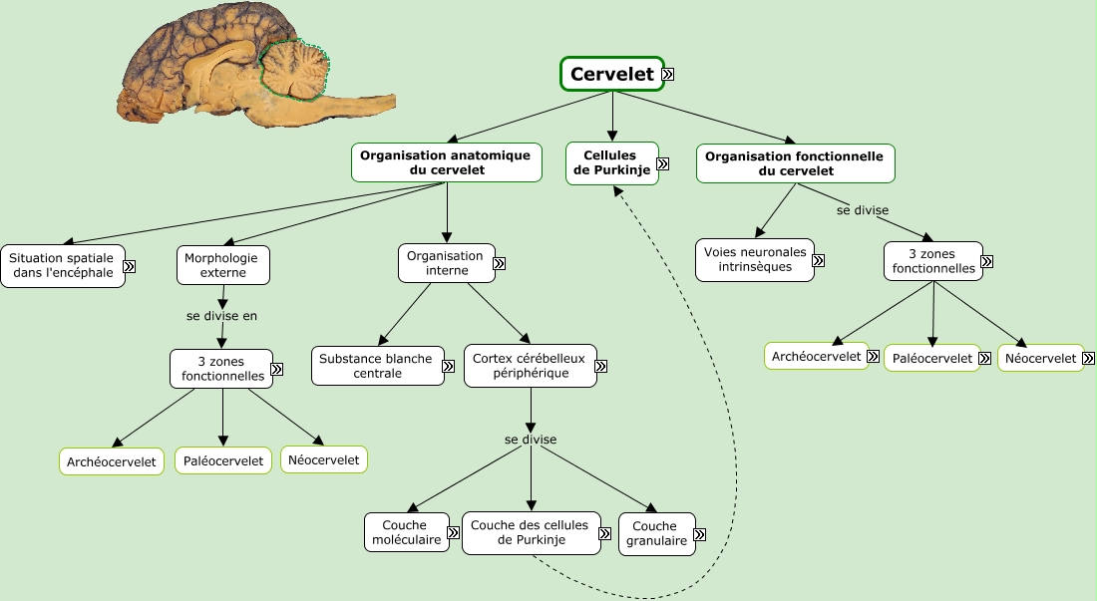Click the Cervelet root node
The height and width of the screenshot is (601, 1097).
point(612,74)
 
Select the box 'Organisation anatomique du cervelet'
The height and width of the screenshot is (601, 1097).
point(447,162)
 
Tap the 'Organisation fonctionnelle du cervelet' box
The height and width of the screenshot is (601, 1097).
point(796,163)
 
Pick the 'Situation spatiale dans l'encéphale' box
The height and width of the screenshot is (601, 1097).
point(63,265)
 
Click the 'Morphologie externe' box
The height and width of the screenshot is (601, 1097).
point(223,265)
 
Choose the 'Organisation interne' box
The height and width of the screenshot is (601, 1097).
point(447,263)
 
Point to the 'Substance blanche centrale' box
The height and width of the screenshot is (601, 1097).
point(378,366)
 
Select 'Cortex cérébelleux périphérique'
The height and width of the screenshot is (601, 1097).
point(531,366)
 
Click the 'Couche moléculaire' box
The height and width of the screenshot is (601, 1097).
point(407,532)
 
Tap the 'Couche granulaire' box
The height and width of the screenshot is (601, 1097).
point(657,534)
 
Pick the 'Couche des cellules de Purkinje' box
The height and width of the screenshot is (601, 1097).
point(531,532)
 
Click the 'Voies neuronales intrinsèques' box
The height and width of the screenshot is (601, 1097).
point(755,260)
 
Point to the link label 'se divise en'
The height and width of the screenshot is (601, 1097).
point(221,316)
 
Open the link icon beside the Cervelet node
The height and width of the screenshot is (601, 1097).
point(668,74)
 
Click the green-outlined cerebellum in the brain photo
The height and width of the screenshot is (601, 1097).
point(294,69)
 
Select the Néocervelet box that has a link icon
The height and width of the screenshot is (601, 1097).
point(1041,358)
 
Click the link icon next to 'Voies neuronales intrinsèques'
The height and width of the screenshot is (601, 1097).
point(818,261)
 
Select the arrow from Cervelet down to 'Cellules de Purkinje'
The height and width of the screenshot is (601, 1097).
point(612,116)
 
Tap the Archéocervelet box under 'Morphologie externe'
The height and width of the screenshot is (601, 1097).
point(112,461)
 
